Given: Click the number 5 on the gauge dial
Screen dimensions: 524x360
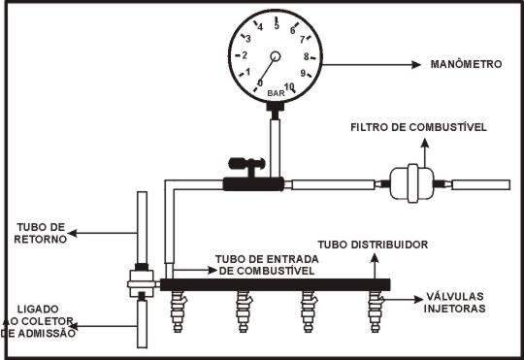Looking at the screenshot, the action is [x=277, y=25].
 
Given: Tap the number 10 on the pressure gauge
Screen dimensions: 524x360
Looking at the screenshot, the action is [x=289, y=87].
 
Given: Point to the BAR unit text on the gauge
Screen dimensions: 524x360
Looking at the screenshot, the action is [x=276, y=93].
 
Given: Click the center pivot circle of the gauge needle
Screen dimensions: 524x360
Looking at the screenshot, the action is [x=276, y=56].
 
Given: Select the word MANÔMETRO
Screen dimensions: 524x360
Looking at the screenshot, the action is [x=466, y=64].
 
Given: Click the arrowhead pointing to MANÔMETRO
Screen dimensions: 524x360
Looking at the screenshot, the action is [x=416, y=64].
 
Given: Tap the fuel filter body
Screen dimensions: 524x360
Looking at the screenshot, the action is [x=412, y=183].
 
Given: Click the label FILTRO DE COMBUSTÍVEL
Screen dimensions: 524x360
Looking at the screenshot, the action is [x=418, y=127].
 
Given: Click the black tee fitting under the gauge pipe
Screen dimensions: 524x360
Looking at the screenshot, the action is [x=253, y=184].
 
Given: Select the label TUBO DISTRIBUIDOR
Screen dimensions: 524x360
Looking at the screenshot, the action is [x=373, y=245].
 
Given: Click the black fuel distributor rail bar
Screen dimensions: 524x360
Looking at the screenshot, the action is [x=275, y=284].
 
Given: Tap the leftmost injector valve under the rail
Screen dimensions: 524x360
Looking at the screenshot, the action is [x=179, y=311].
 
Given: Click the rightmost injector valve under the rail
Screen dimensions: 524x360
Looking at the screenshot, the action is [x=376, y=311].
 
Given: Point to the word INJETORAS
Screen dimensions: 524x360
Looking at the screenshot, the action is [x=454, y=309].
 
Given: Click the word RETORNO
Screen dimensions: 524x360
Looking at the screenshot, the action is [x=41, y=240].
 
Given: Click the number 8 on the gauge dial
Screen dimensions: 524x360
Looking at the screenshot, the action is [x=306, y=57].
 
